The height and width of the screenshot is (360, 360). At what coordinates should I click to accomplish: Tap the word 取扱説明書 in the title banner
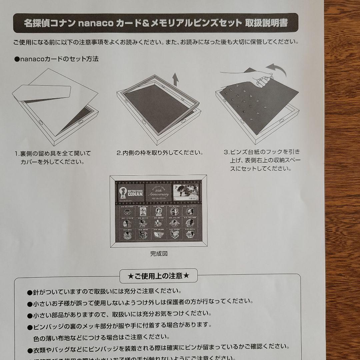[267, 23]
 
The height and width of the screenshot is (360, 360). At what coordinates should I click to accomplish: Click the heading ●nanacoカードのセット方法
[57, 59]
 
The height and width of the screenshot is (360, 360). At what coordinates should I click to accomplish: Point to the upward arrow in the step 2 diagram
[176, 80]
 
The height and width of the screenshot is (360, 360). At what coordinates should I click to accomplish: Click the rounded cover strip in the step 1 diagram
[42, 93]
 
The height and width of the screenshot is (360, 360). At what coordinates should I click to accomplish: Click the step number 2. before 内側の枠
[119, 153]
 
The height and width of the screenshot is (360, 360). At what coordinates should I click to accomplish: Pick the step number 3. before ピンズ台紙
[226, 152]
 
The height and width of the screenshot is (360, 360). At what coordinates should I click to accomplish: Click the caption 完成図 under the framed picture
[159, 254]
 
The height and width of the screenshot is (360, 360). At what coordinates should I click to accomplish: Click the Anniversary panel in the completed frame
[159, 192]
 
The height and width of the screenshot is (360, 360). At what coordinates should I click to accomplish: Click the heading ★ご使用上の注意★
[159, 276]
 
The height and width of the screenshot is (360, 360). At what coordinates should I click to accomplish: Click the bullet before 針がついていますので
[29, 292]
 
